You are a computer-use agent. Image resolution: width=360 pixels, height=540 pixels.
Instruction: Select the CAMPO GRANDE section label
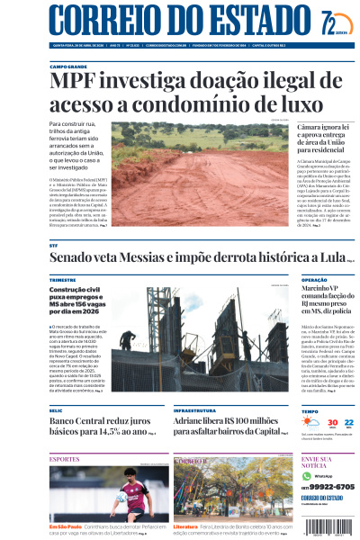tap(68, 67)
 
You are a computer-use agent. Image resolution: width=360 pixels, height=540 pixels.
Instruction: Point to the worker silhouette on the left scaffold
tap(128, 339)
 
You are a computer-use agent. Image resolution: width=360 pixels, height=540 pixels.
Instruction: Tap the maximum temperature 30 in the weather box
tap(332, 422)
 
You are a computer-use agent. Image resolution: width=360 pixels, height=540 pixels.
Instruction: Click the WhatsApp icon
tap(306, 475)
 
